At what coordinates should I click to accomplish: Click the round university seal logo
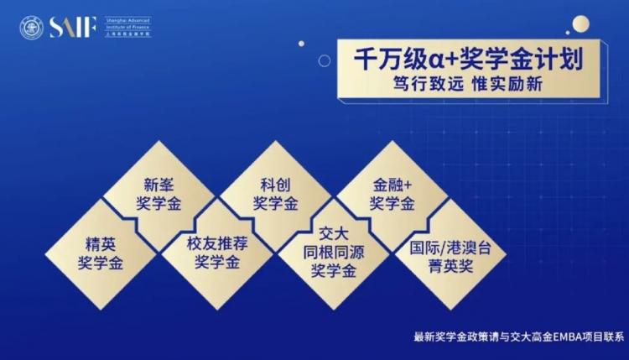[x=31, y=28]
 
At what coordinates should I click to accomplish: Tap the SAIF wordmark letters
[x=73, y=28]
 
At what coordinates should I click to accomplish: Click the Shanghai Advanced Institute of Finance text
[x=128, y=27]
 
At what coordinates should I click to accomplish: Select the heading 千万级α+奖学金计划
[x=468, y=60]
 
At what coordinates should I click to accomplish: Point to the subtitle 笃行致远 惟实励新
[x=468, y=84]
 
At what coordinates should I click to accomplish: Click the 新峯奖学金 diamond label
[x=159, y=194]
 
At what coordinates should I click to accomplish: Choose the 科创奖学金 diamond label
[x=275, y=194]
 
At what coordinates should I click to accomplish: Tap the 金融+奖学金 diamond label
[x=392, y=194]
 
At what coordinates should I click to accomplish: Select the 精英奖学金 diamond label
[x=101, y=253]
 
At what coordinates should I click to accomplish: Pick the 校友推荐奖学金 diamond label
[x=217, y=253]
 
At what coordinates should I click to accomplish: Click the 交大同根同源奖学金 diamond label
[x=333, y=253]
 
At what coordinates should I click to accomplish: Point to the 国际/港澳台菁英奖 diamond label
[x=450, y=257]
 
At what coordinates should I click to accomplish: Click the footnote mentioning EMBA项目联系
[x=518, y=337]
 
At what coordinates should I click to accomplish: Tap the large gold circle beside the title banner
[x=581, y=24]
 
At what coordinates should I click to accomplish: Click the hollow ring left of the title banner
[x=325, y=60]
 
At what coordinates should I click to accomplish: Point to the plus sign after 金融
[x=408, y=185]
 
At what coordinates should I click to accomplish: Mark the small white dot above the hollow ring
[x=301, y=44]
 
